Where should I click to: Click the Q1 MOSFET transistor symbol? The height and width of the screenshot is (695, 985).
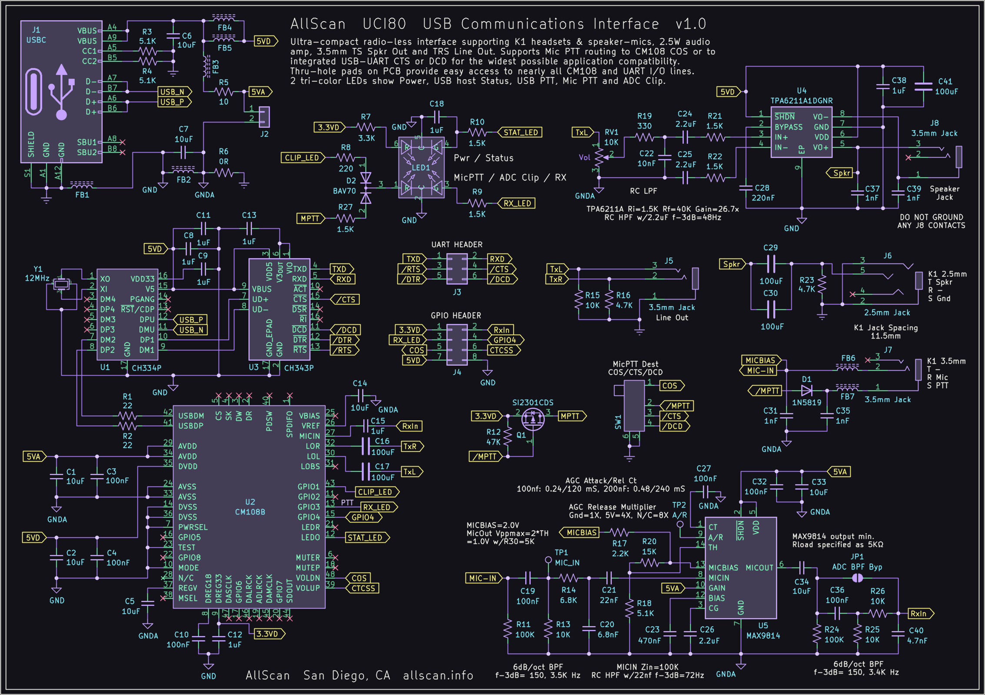pos(532,419)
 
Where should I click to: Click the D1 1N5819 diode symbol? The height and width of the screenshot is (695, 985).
pos(807,391)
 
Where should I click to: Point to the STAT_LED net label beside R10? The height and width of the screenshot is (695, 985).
pos(520,132)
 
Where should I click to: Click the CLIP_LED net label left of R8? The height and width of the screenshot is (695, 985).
pos(303,158)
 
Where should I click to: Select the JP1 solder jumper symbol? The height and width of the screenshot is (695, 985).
pos(857,578)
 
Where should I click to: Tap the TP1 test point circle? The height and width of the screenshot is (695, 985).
pos(549,560)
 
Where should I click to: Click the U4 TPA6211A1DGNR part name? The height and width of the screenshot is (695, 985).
pos(802,101)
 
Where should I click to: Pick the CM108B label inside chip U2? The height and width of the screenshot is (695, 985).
pos(250,512)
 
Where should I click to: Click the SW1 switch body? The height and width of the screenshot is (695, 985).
pos(634,406)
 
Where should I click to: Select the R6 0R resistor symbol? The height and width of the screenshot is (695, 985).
pos(223,173)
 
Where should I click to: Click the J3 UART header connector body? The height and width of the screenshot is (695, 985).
pos(457,269)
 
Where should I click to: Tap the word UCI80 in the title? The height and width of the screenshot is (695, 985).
pos(384,24)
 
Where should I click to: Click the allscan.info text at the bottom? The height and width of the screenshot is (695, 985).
pos(438,675)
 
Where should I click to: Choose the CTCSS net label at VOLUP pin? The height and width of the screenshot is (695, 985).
pos(363,589)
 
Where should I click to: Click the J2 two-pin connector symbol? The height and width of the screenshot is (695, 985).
pos(264,117)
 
